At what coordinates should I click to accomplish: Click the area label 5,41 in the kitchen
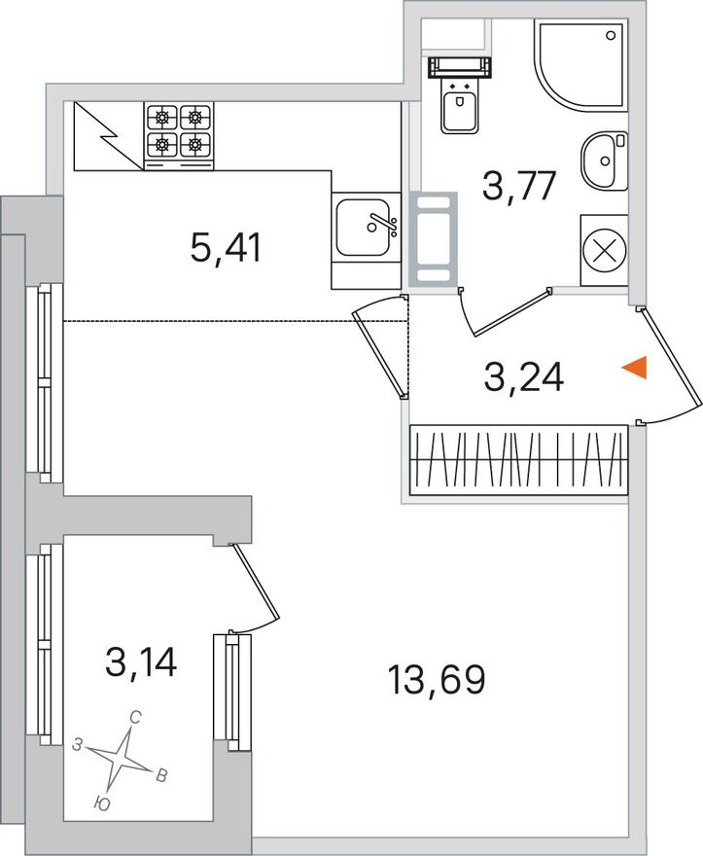pos(226,247)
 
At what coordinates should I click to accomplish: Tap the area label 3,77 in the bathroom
pos(519,186)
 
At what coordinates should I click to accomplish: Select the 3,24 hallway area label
pos(523,377)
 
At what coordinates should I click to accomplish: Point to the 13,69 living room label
pos(437,680)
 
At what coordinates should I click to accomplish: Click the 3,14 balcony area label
pos(141,661)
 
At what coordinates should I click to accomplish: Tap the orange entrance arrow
pos(635,368)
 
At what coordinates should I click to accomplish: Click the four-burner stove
pos(179,136)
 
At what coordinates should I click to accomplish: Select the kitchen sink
pos(366,227)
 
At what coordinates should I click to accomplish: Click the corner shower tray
pos(580,65)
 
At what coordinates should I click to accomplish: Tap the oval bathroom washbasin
pos(604,161)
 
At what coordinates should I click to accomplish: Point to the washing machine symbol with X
pos(604,251)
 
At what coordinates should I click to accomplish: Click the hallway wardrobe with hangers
pos(519,460)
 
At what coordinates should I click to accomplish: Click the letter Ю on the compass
pos(101,802)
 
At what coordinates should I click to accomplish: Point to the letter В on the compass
pos(161,775)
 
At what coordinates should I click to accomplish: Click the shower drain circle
pos(611,35)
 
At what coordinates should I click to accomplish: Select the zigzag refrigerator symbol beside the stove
pos(109,136)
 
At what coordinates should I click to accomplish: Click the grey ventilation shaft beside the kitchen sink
pos(434,238)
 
